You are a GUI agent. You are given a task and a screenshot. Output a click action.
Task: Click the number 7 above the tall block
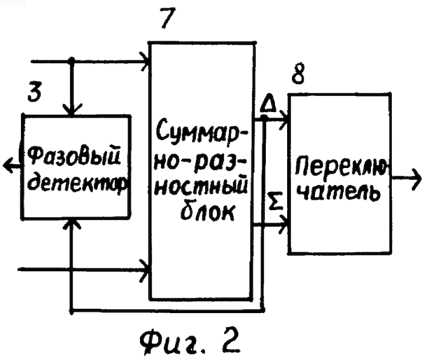click(x=167, y=18)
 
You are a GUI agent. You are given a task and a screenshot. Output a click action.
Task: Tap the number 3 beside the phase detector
click(x=35, y=92)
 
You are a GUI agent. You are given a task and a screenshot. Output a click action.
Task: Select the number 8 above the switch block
click(x=298, y=74)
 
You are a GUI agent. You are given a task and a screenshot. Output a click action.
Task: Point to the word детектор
click(x=78, y=184)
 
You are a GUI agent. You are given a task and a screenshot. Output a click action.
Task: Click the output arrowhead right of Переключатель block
click(x=416, y=179)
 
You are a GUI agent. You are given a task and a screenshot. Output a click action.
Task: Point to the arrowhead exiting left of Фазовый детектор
click(x=8, y=165)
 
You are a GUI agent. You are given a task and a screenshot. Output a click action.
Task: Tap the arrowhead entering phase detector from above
click(x=72, y=110)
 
